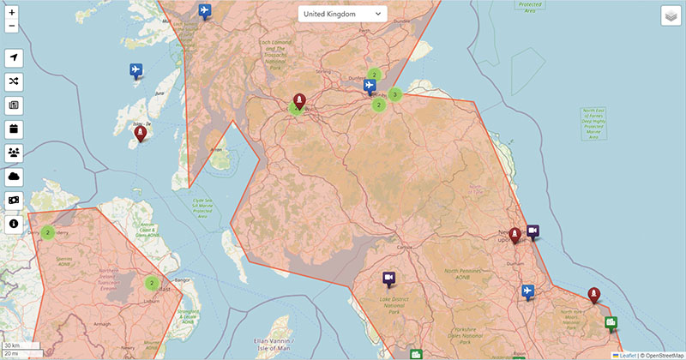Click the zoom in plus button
point(12,13)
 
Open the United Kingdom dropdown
point(342,14)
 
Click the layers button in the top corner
point(670,16)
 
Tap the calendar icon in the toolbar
point(14,129)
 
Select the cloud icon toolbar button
point(14,177)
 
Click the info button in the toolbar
point(14,225)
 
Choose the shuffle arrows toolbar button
point(14,81)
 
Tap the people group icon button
point(14,153)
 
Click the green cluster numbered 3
point(394,94)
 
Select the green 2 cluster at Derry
point(47,232)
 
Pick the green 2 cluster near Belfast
point(152,283)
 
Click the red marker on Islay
point(140,135)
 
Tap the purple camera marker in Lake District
point(388,279)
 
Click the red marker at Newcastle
point(514,235)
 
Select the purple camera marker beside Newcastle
point(533,231)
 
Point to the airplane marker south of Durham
point(527,291)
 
